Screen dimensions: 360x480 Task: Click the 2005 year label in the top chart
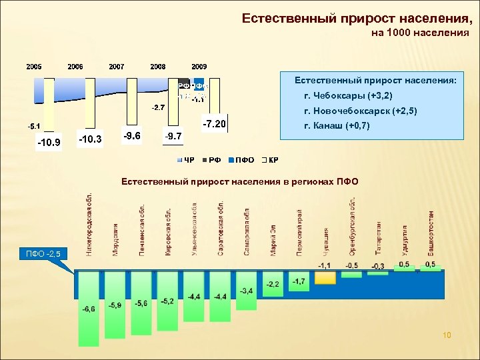coord(34,67)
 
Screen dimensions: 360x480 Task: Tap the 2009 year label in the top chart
coord(199,67)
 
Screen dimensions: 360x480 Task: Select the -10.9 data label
coord(49,142)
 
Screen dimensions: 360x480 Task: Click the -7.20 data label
coord(215,125)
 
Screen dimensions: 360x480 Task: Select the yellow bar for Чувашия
coord(325,277)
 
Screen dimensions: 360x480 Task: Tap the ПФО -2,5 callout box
coord(43,253)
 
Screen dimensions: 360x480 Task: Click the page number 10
coord(447,335)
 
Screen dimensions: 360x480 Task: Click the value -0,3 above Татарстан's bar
coord(378,266)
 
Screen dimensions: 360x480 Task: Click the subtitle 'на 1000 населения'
coord(419,31)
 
